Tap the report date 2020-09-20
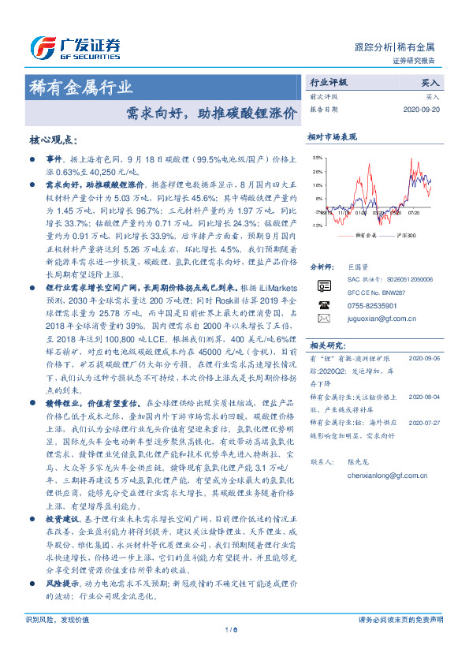coord(423,110)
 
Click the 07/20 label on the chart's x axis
coord(416,212)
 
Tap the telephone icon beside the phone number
coord(324,304)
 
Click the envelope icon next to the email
coord(324,318)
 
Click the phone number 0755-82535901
coord(372,304)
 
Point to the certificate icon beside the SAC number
coord(324,284)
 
